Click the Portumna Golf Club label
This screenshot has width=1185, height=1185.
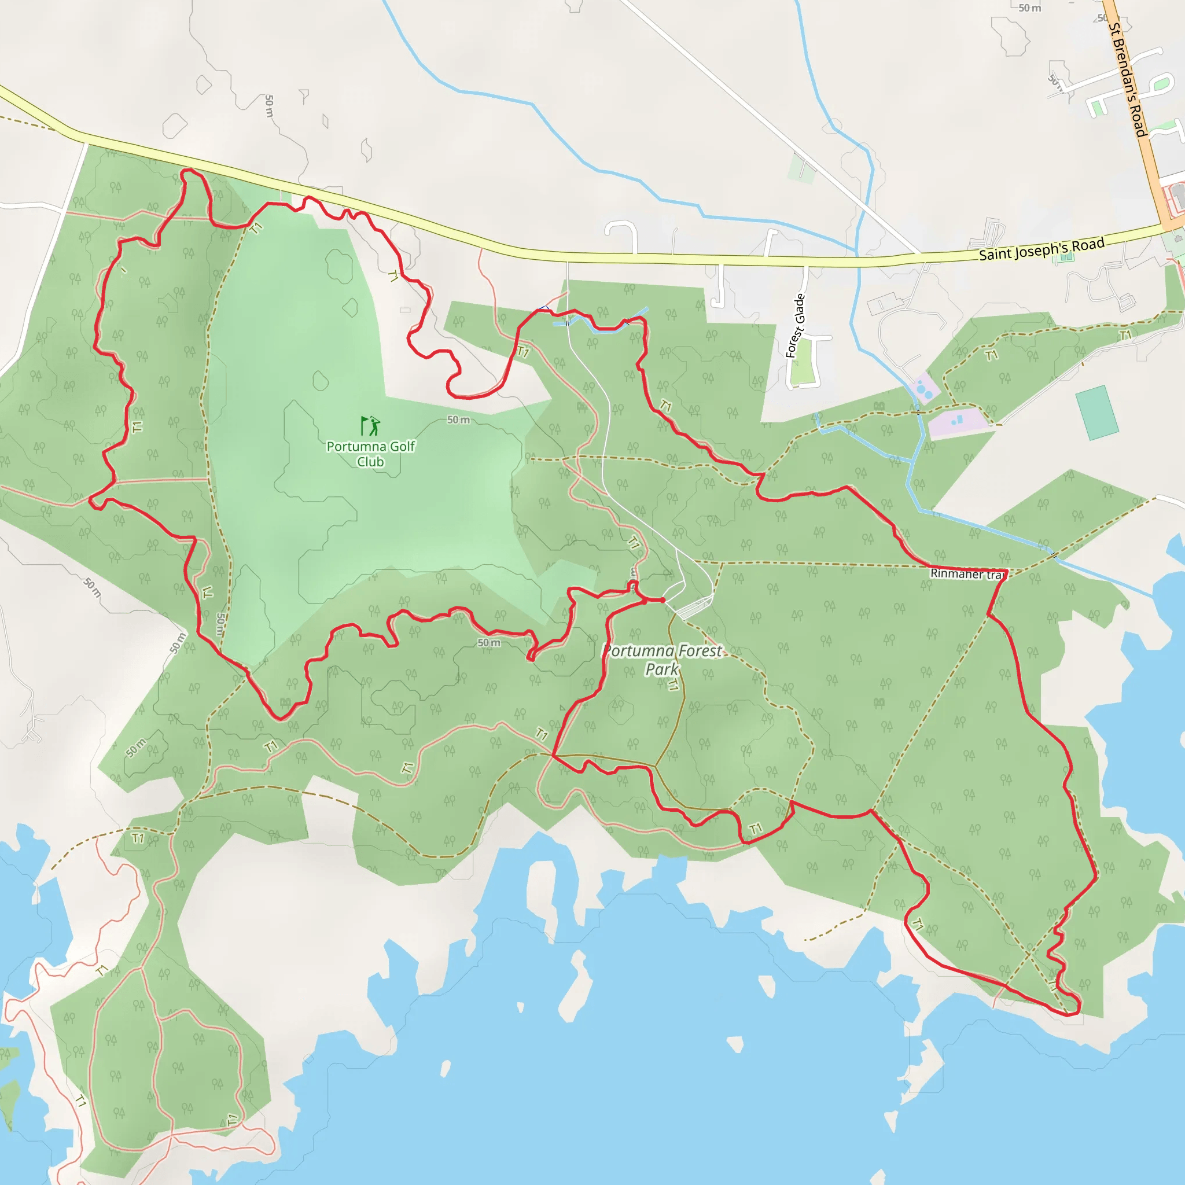pos(370,454)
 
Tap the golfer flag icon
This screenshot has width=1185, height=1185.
pos(370,426)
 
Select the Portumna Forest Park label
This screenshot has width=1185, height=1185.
pos(663,660)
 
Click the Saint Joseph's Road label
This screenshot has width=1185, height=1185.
pos(1042,249)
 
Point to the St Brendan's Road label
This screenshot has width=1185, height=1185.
pos(1128,80)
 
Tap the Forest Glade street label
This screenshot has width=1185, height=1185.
pos(796,326)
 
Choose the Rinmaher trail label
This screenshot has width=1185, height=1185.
pos(968,574)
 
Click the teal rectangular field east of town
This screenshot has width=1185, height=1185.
pos(1096,413)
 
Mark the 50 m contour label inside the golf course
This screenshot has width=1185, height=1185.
pos(458,420)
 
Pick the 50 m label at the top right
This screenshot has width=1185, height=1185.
pos(1030,8)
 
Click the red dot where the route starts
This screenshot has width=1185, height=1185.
pos(663,600)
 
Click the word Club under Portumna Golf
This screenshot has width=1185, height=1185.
pos(370,462)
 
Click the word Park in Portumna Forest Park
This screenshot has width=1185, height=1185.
pos(662,669)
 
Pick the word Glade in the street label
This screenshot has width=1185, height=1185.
pos(798,310)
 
